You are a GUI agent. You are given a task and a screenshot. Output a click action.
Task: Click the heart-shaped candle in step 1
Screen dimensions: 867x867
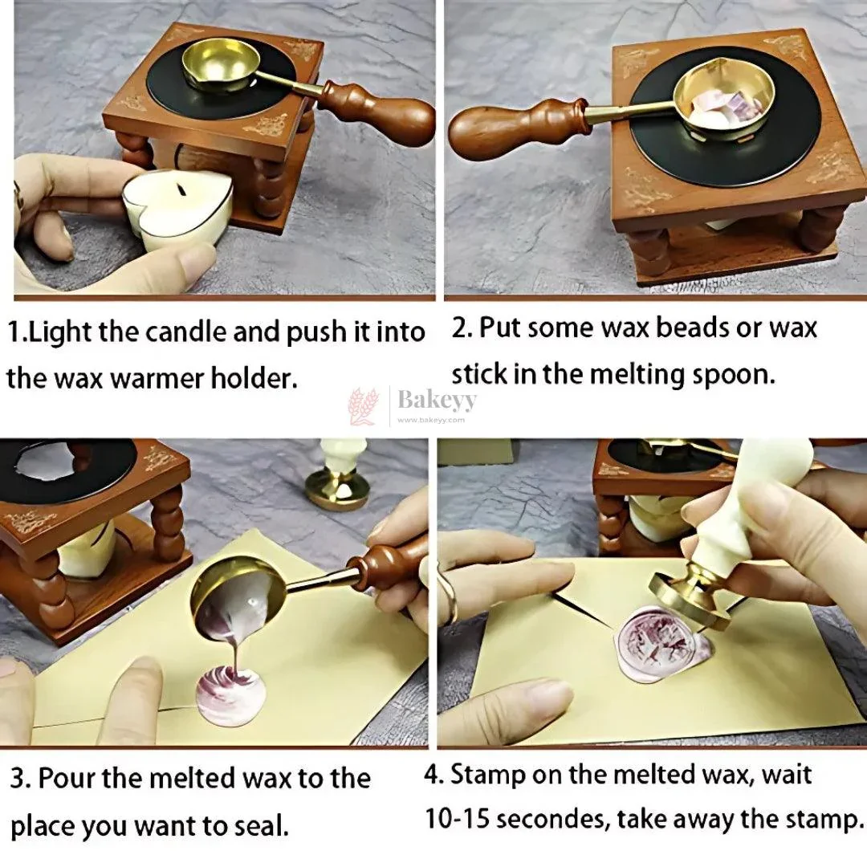(177, 209)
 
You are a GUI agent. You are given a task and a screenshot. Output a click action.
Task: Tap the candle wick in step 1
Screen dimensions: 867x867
(181, 189)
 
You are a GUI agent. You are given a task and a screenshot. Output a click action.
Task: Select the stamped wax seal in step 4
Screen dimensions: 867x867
(661, 644)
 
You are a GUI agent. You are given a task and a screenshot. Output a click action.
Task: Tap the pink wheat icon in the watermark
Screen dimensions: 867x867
(363, 406)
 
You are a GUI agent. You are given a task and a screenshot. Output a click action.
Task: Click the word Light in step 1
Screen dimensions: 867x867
(60, 332)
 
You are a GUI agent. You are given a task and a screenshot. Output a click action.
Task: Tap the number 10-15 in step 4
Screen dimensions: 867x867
(457, 819)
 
